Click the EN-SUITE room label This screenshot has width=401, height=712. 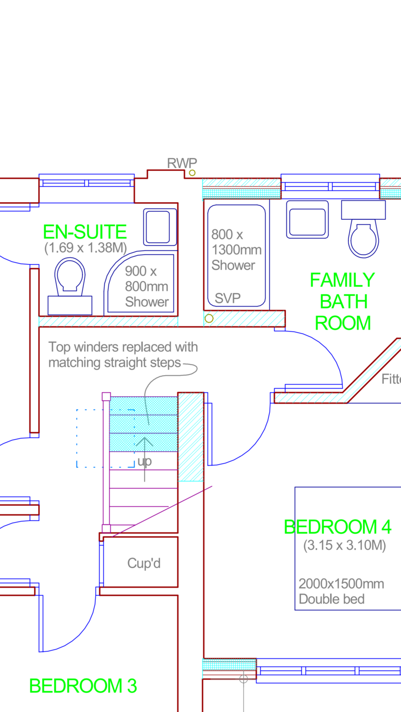85,232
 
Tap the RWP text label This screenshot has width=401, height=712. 182,163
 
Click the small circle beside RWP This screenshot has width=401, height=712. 192,173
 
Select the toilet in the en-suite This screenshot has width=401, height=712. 70,286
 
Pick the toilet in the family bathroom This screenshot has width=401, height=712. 364,229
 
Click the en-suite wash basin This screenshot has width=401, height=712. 160,227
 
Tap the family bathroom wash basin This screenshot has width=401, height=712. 307,219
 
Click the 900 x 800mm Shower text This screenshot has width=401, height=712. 147,287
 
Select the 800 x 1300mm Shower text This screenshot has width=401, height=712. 237,250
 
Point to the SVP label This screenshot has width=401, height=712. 228,298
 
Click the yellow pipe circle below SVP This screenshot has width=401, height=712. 209,319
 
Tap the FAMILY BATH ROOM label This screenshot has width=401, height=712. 343,301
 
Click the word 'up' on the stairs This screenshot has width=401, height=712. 144,461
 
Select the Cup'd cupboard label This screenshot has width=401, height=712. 144,563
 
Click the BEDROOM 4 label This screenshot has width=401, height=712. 338,527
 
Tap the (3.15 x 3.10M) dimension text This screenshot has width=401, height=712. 345,545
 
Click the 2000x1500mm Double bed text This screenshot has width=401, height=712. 341,591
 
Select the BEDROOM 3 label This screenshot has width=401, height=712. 83,686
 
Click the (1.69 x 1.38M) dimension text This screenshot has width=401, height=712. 86,248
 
